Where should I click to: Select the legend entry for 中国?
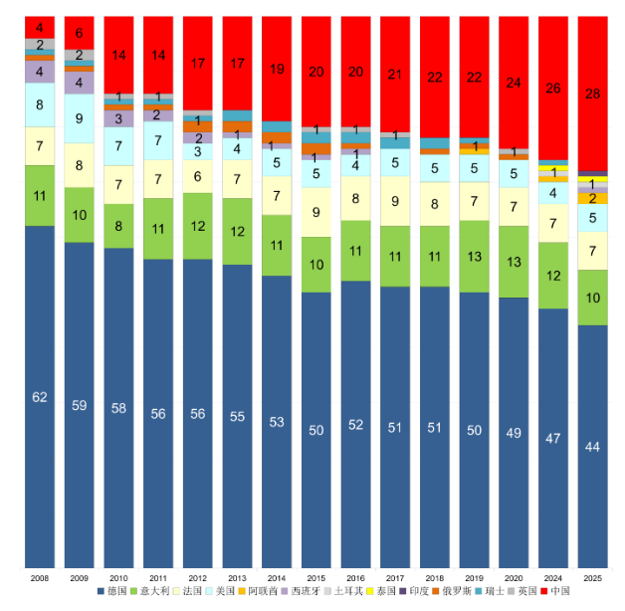pyautogui.click(x=559, y=591)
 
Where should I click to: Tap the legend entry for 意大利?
pyautogui.click(x=157, y=591)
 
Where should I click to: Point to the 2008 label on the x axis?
pyautogui.click(x=40, y=576)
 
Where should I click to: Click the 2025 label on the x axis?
pyautogui.click(x=592, y=576)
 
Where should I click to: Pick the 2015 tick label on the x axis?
pyautogui.click(x=315, y=576)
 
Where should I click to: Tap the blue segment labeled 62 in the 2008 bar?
pyautogui.click(x=40, y=397)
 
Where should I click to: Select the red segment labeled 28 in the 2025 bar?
pyautogui.click(x=592, y=94)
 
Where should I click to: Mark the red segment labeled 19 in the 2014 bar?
pyautogui.click(x=277, y=69)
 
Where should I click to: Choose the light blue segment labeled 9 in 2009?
pyautogui.click(x=80, y=118)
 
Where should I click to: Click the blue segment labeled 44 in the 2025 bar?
pyautogui.click(x=592, y=447)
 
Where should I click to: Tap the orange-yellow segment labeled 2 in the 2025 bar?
pyautogui.click(x=592, y=198)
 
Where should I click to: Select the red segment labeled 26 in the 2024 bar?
pyautogui.click(x=552, y=88)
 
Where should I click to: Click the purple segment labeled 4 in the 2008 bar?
pyautogui.click(x=40, y=72)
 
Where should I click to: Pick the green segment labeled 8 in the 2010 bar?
pyautogui.click(x=118, y=226)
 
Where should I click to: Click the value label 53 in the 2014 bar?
pyautogui.click(x=277, y=422)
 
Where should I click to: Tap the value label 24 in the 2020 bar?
pyautogui.click(x=514, y=83)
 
